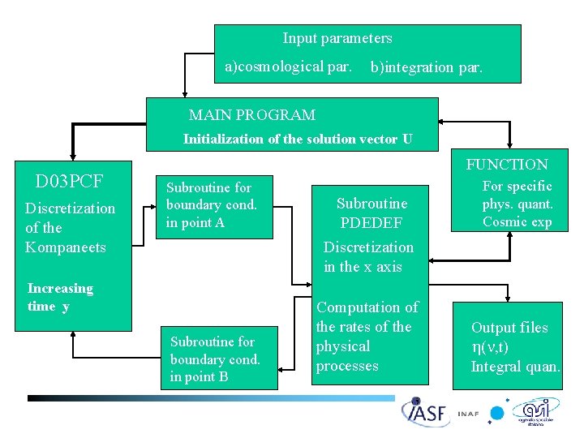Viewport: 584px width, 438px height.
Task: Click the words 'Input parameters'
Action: [x=337, y=38]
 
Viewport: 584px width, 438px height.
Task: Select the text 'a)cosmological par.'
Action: [x=288, y=67]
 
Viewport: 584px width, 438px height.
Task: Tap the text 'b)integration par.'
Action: [x=426, y=67]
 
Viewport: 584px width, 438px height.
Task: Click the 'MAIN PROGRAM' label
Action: [x=251, y=115]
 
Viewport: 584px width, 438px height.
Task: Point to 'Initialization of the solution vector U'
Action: [x=297, y=139]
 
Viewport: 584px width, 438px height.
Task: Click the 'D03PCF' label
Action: [x=69, y=180]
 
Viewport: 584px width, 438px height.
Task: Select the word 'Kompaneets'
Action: [x=66, y=247]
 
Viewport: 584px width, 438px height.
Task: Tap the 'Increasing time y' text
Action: [x=60, y=297]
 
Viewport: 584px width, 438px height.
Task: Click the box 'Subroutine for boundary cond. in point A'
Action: [x=215, y=207]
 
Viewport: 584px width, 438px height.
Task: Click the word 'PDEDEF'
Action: [x=371, y=222]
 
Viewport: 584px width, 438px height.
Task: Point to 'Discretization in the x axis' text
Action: [x=368, y=256]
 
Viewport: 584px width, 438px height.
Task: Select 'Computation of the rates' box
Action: [x=371, y=337]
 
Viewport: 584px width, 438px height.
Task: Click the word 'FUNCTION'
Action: [x=506, y=165]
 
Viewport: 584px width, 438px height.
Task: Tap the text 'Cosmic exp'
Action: [x=517, y=222]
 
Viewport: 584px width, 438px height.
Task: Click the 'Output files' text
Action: [x=509, y=328]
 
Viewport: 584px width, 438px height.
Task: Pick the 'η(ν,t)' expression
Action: [x=490, y=347]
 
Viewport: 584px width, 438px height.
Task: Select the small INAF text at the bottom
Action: [x=467, y=414]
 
